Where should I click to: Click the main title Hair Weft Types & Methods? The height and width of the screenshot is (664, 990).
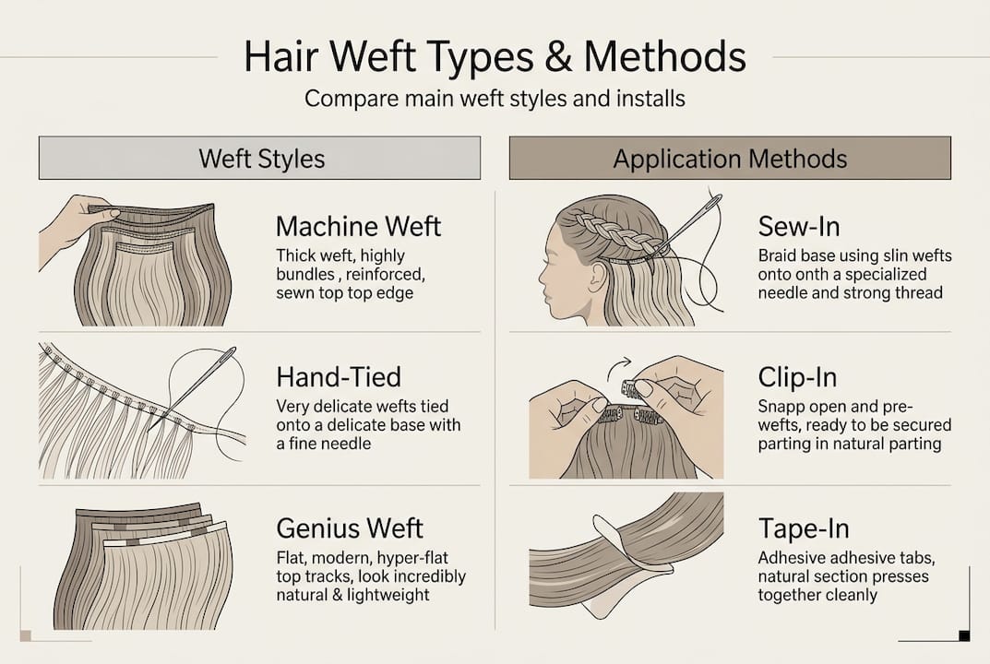[x=495, y=57]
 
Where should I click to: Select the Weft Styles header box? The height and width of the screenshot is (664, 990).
[x=259, y=158]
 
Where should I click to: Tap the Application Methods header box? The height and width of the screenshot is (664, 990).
[x=730, y=158]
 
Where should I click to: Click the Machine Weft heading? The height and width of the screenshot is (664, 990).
[x=358, y=226]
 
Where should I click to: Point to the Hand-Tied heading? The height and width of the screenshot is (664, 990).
[x=338, y=376]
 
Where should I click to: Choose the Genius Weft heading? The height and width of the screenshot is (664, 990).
[x=350, y=528]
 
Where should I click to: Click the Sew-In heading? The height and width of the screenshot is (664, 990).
[x=798, y=226]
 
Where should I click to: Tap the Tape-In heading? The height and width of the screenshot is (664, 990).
[x=803, y=528]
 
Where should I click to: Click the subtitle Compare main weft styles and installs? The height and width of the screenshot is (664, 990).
[x=495, y=98]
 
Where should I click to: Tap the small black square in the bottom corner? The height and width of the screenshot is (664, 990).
[x=964, y=634]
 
